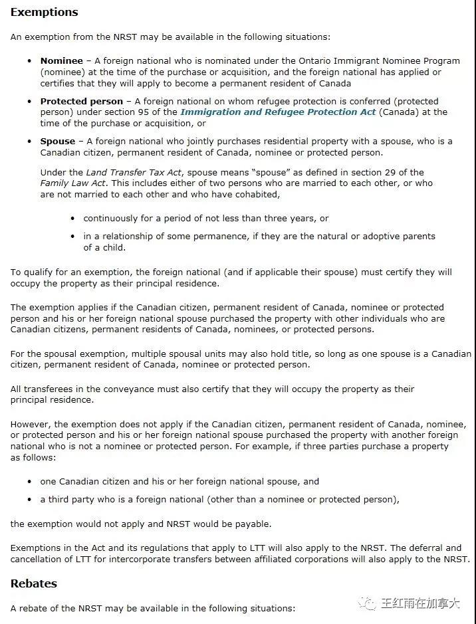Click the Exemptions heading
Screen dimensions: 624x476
coord(44,13)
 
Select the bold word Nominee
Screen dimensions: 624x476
coord(61,61)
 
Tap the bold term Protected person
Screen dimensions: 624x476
coord(81,101)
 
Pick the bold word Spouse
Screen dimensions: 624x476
coord(57,141)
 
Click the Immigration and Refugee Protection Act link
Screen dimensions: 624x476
coord(278,112)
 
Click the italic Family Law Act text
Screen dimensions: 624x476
coord(73,183)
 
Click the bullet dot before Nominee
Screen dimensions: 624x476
coord(30,61)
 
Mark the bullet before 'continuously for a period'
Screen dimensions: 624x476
coord(72,218)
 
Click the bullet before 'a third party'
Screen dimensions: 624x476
coord(30,500)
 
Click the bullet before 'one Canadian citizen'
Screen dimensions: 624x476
coord(30,482)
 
